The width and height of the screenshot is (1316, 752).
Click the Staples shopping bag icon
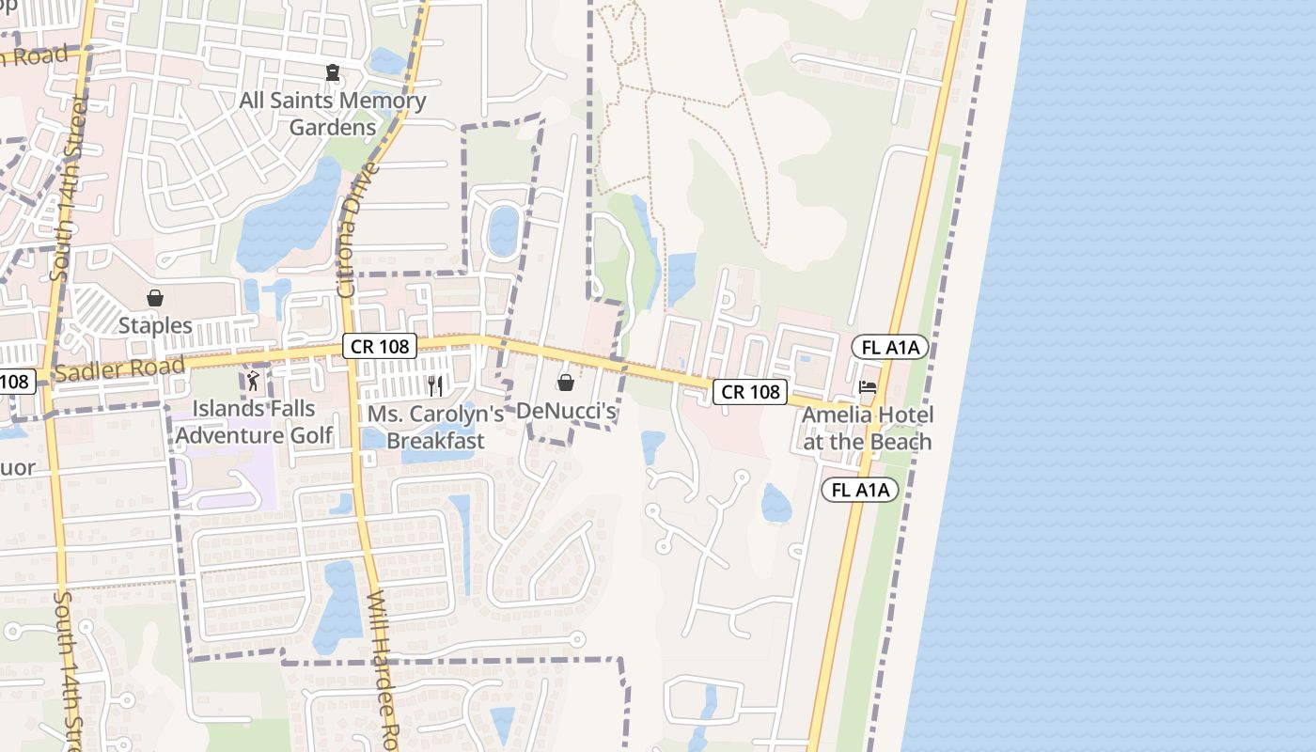155,298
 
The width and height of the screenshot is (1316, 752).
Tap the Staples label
155,326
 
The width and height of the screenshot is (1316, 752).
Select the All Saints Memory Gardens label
333,113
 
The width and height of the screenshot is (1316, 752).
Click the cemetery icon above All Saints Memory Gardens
332,72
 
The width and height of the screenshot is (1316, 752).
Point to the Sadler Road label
118,369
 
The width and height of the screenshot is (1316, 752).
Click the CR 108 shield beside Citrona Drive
379,346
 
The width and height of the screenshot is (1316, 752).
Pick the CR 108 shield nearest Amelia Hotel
749,392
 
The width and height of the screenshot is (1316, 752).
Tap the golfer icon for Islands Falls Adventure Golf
252,382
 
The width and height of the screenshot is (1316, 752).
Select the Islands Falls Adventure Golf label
254,422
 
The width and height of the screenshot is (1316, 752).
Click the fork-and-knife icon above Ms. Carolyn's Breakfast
434,384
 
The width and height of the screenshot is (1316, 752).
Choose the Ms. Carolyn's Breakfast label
435,427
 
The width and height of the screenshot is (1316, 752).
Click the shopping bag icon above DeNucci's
566,383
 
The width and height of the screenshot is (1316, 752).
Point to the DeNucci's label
566,412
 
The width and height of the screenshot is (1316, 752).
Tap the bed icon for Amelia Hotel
867,387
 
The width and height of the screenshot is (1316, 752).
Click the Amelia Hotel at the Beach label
867,428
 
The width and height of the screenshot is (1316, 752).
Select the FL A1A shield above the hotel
889,348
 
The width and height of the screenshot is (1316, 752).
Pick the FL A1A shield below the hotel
860,490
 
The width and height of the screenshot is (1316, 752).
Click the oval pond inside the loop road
503,230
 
